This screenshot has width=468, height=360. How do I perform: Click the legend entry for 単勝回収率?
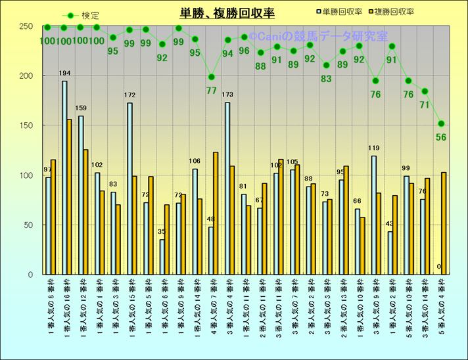341,12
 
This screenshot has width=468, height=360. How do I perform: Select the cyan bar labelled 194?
64,177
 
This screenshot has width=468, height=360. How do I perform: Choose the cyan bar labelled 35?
162,257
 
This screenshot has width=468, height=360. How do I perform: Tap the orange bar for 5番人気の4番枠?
444,223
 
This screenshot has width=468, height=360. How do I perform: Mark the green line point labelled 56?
441,124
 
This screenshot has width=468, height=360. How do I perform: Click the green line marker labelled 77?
211,77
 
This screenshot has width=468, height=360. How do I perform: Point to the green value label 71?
425,104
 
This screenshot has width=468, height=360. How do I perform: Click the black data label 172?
129,96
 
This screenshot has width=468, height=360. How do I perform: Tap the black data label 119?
374,148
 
